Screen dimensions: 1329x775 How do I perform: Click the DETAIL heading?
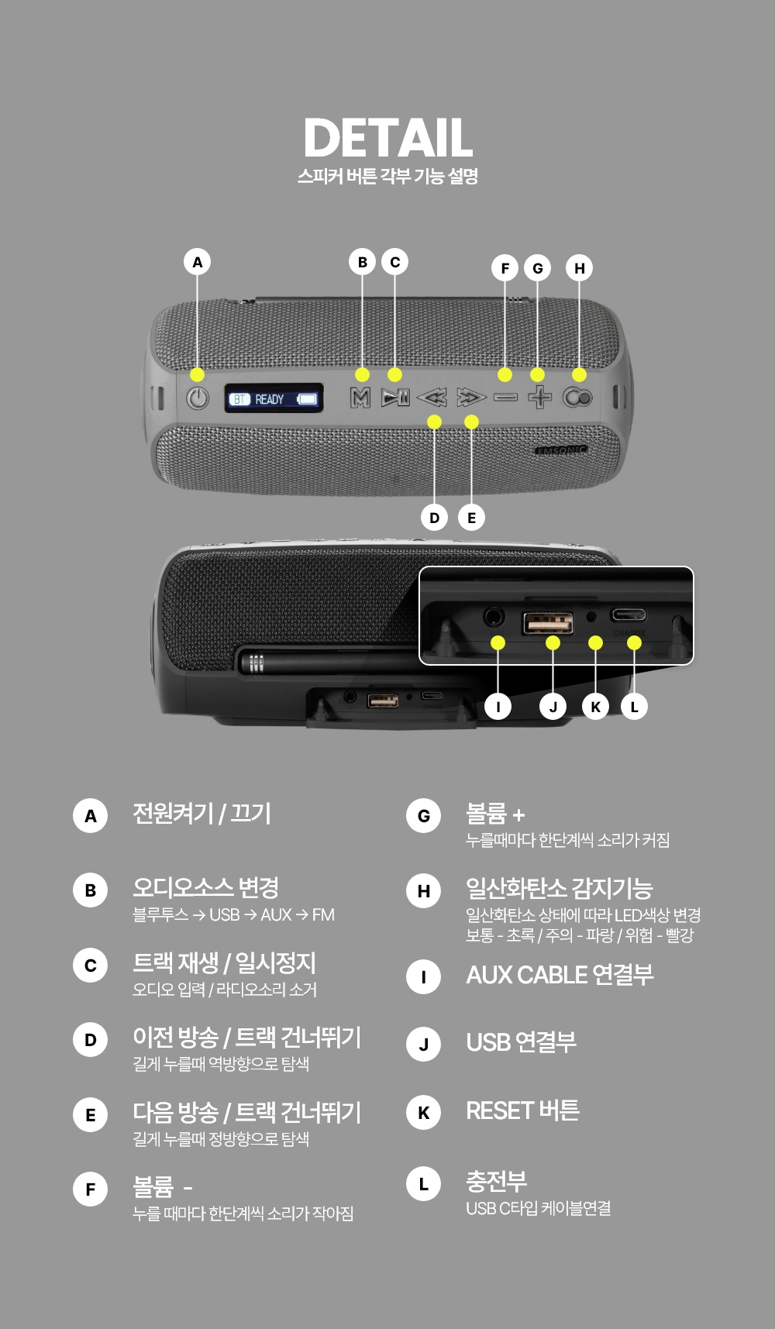[x=387, y=139]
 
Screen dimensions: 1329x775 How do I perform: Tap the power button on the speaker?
[x=198, y=398]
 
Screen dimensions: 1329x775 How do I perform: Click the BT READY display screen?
[x=274, y=398]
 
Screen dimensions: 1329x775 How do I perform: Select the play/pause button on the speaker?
[x=395, y=398]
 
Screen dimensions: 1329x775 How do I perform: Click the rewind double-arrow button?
[x=432, y=398]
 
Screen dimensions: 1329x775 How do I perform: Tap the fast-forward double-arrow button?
[x=470, y=398]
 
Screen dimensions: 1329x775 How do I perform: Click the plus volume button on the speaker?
[x=539, y=398]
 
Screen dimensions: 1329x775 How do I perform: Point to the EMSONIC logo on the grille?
[x=561, y=450]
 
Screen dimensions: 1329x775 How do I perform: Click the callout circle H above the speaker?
[x=580, y=268]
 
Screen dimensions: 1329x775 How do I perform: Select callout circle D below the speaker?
[x=434, y=518]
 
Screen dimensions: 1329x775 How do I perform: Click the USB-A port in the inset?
[x=548, y=621]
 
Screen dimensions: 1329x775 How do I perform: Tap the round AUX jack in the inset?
[x=494, y=617]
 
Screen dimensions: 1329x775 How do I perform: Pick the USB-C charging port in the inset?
[x=628, y=615]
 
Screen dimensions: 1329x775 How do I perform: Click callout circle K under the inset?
[x=595, y=707]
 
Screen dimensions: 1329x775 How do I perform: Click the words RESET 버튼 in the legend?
[x=522, y=1110]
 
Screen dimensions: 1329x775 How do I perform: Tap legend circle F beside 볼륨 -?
[x=91, y=1190]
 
